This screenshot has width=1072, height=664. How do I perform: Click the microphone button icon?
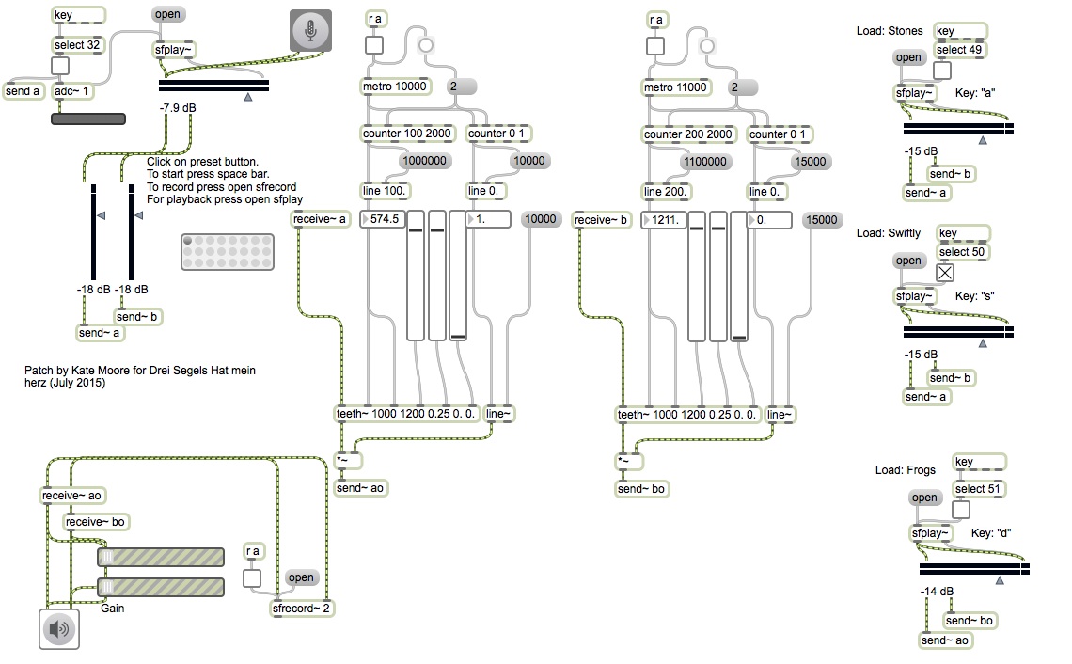[x=310, y=31]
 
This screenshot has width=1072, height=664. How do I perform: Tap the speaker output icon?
[x=59, y=628]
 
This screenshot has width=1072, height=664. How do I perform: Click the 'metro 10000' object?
[x=395, y=87]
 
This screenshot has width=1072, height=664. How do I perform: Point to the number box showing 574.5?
[x=384, y=219]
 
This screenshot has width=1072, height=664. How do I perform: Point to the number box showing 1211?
[x=664, y=219]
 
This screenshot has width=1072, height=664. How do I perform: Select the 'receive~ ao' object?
[x=73, y=496]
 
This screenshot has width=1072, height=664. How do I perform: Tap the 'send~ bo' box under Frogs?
[x=969, y=620]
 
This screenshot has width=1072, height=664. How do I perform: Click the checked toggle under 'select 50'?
[x=945, y=272]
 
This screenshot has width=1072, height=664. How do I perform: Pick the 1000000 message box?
[x=423, y=161]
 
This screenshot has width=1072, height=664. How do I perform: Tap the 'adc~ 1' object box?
[x=72, y=91]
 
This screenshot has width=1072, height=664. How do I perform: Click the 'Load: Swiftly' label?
[x=889, y=233]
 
